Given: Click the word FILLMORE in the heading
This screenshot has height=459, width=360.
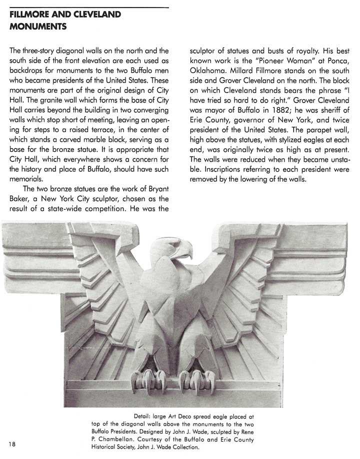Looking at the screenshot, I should point(28,14).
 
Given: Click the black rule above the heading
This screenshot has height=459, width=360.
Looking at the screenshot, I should point(89,7).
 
